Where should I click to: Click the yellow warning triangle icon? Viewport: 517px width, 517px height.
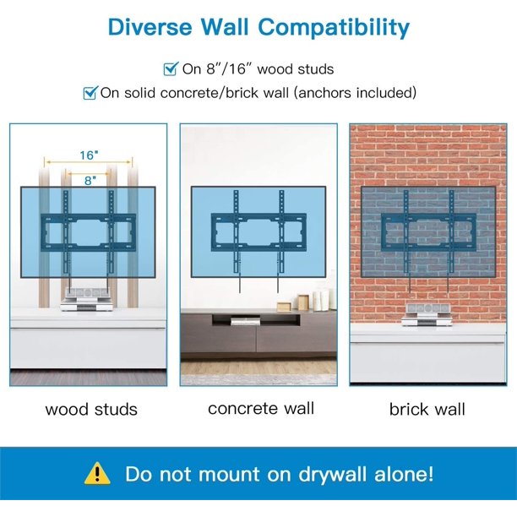coord(99,472)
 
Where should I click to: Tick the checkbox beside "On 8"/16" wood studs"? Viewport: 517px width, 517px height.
coord(170,68)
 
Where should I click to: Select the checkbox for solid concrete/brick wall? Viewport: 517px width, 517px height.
coord(90,93)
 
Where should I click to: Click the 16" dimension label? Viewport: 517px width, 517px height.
coord(89,155)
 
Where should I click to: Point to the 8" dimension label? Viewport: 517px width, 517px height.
coord(89,179)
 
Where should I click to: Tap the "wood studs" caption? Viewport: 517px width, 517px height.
coord(90,410)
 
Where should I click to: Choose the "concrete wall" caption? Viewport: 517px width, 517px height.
coord(261,408)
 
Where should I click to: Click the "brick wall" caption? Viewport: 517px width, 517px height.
coord(427,410)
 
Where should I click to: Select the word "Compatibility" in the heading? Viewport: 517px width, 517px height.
coord(334,27)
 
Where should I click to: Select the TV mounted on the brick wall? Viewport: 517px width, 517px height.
coord(427,230)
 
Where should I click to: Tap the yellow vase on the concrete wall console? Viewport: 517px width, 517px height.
coord(302,302)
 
